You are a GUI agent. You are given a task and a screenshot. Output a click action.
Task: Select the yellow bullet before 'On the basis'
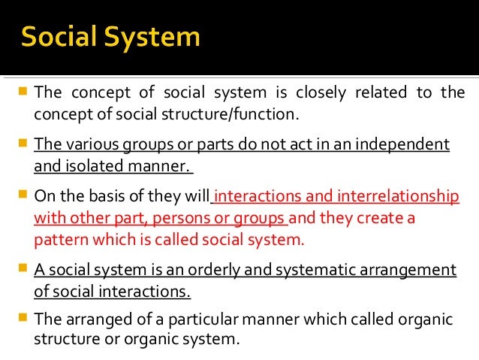click(x=23, y=194)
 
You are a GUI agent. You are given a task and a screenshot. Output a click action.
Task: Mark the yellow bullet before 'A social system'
click(x=23, y=267)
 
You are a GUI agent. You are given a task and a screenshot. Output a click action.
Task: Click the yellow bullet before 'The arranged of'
click(x=23, y=316)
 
